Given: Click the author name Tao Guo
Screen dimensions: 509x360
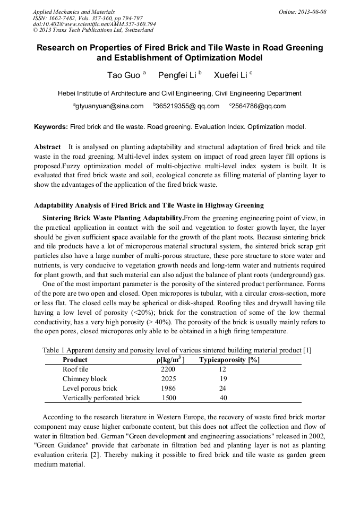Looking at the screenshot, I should [124, 75].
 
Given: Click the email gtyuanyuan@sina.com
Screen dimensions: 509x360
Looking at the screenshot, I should [109, 106].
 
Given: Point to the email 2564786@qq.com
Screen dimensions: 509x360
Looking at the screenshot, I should [258, 106].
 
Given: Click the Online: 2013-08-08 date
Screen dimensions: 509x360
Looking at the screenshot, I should [303, 12].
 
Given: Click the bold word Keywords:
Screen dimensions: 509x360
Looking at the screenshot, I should [51, 127].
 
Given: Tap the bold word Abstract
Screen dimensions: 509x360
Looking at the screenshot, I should [47, 146].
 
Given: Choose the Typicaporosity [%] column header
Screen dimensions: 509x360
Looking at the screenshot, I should [229, 360].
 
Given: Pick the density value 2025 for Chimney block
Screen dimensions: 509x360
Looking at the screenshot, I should [168, 379].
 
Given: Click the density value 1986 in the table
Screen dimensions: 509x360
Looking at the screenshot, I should [168, 389].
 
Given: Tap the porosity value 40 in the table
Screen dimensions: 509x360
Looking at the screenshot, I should [223, 398].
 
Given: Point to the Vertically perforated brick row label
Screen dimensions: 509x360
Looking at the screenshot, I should [101, 398].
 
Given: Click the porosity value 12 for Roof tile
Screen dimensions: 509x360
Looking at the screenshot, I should [222, 369].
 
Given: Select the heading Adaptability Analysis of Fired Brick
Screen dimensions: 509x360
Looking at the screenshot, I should [149, 205].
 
